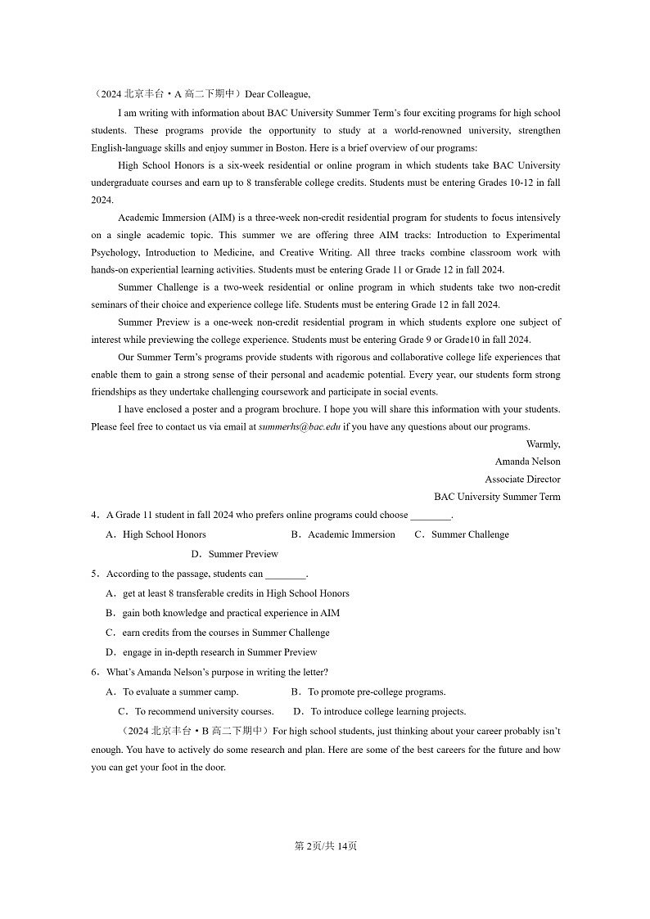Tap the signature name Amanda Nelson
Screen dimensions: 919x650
[x=527, y=462]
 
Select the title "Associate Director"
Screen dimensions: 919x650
[x=522, y=480]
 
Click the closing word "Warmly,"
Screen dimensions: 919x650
[x=543, y=444]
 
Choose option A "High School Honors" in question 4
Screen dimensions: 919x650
[x=164, y=534]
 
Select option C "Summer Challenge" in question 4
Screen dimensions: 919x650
[x=470, y=534]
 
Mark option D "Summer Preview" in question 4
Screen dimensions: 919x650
[x=243, y=554]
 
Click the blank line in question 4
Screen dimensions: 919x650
[x=430, y=516]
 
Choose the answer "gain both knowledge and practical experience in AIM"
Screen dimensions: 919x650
[x=231, y=613]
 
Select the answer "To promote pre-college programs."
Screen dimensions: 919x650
[x=377, y=692]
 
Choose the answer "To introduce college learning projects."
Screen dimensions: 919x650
[x=388, y=711]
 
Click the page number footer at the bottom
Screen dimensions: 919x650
[x=325, y=845]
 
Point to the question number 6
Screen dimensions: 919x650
[x=94, y=672]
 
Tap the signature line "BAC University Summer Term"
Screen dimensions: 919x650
[x=497, y=497]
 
